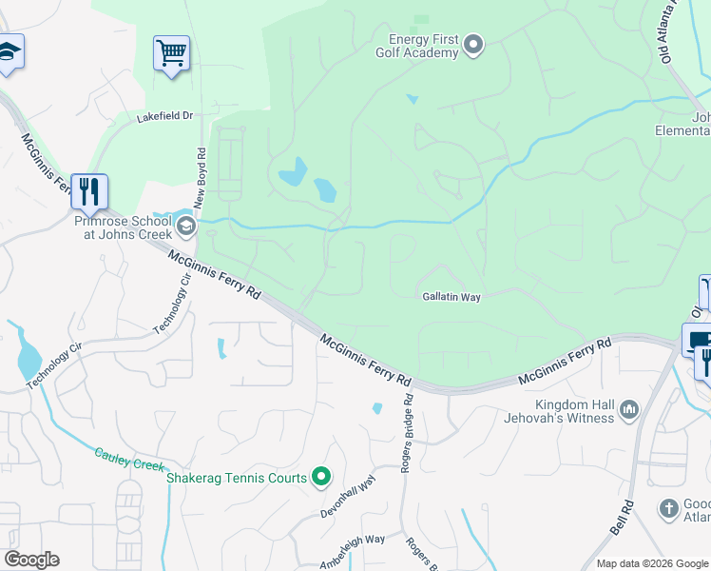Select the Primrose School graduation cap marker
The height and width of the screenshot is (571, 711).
186,226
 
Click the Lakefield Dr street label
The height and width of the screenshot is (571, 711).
164,116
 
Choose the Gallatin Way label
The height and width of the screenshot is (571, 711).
452,297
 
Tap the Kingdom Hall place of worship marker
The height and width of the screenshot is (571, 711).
628,410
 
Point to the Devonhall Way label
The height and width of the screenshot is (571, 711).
349,497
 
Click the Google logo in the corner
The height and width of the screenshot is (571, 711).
31,560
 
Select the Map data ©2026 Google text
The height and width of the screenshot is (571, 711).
651,563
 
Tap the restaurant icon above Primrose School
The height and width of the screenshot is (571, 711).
88,192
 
